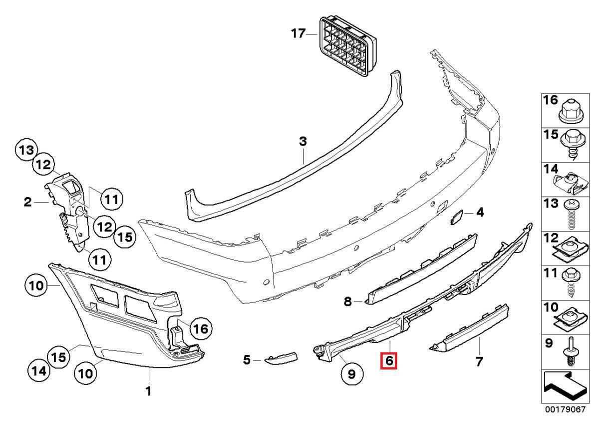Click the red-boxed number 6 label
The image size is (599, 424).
coord(388,360)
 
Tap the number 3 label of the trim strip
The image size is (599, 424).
coord(302,142)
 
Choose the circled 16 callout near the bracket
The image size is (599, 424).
coord(199,329)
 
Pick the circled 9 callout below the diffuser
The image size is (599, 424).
coord(351,373)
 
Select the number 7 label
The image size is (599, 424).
coord(479,361)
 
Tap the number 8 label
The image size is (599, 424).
coord(348,301)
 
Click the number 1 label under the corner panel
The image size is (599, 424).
coord(148,390)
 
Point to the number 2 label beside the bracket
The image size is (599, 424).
coord(27,202)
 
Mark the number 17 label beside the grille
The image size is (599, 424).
coord(298,34)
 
